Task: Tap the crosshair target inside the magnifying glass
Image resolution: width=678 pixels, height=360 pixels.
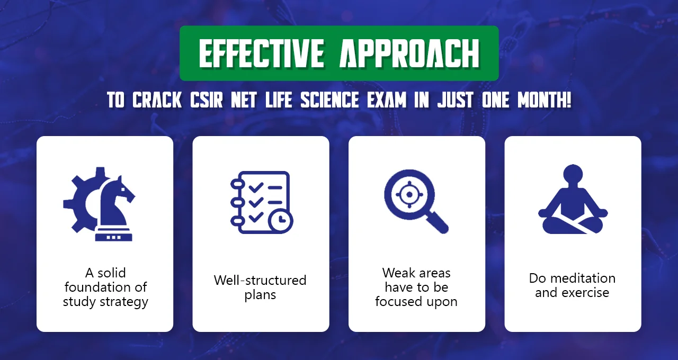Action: pyautogui.click(x=408, y=194)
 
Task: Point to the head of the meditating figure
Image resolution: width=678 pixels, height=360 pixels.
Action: pyautogui.click(x=573, y=176)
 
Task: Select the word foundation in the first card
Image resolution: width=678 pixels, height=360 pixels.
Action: pyautogui.click(x=105, y=287)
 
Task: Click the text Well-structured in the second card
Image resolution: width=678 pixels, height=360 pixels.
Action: pyautogui.click(x=260, y=280)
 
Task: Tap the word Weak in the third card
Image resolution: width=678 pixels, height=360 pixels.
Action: pyautogui.click(x=395, y=273)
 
